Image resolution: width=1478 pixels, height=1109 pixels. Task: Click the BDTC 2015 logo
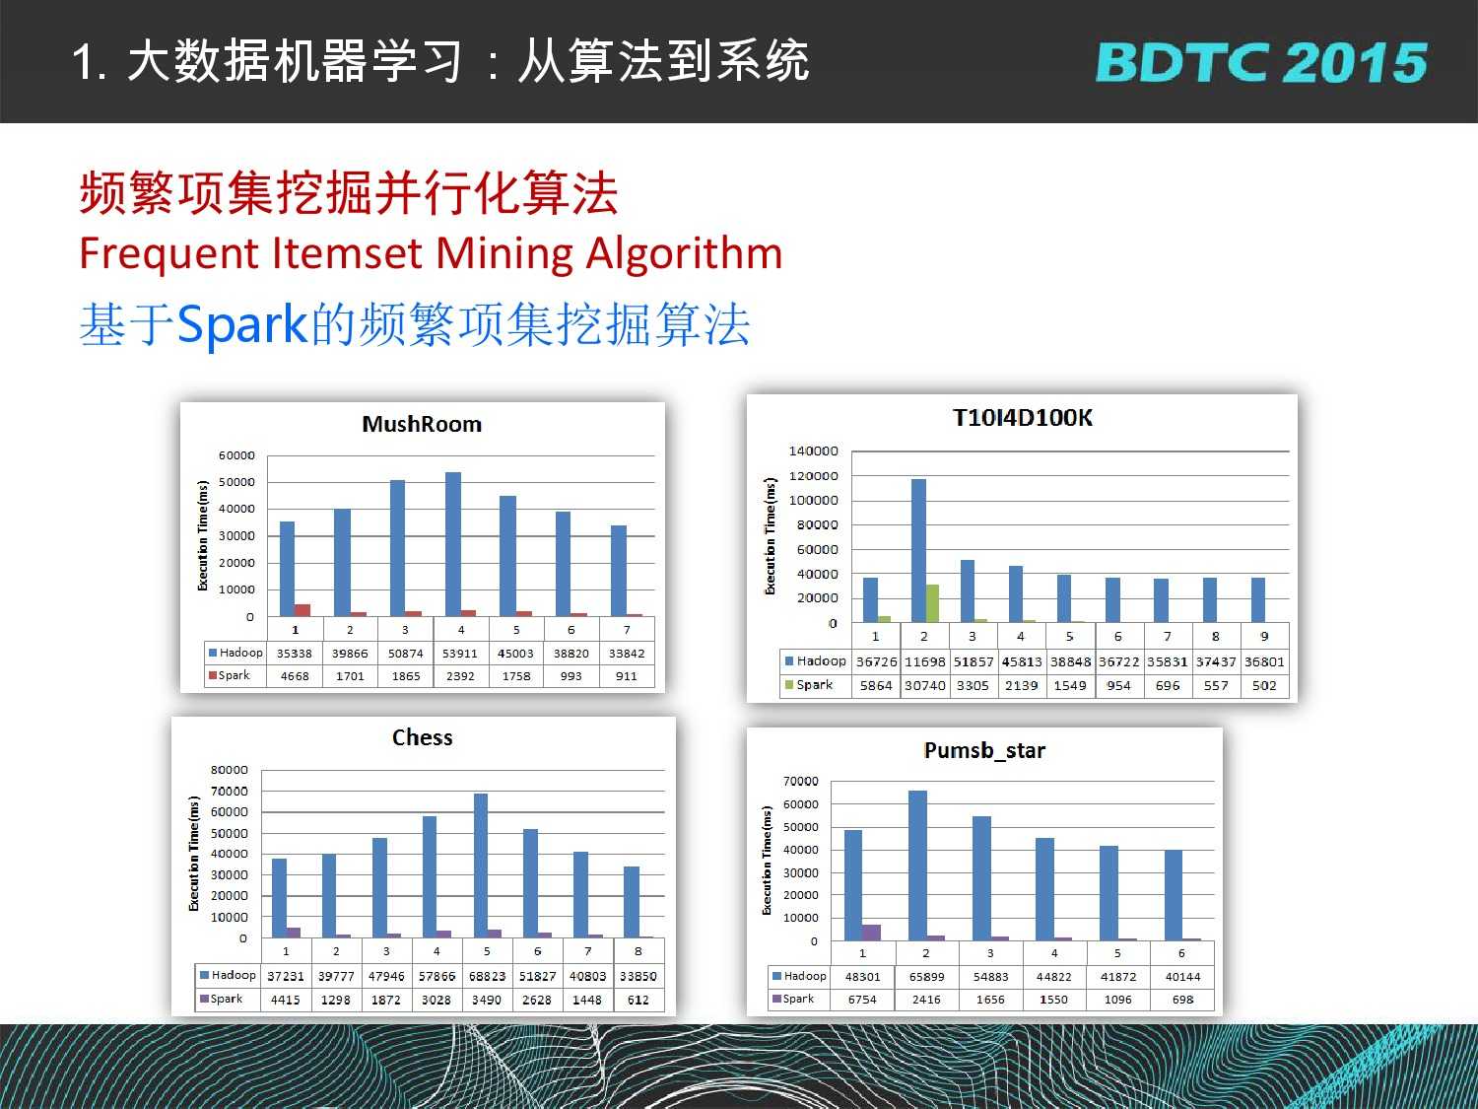[x=1261, y=63]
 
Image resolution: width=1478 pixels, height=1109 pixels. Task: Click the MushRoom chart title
[x=422, y=424]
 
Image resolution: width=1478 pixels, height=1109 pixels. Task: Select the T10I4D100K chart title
[x=1022, y=417]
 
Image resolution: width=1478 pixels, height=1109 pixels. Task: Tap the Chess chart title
[x=422, y=737]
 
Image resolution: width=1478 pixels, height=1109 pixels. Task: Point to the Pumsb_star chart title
[x=984, y=750]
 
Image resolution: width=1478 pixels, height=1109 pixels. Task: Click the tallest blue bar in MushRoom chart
[x=453, y=544]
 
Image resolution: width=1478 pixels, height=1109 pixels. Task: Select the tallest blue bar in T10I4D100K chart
[x=918, y=550]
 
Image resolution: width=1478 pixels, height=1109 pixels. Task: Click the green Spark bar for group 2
[x=932, y=602]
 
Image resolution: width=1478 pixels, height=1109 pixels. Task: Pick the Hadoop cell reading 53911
[x=460, y=654]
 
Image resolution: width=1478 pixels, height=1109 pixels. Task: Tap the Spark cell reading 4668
[x=295, y=676]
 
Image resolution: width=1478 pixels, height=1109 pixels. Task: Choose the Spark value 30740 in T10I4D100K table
[x=924, y=685]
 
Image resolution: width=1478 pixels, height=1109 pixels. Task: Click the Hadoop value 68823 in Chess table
[x=487, y=976]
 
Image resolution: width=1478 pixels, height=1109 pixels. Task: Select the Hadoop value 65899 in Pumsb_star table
[x=926, y=976]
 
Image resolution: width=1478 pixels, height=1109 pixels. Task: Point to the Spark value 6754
[x=862, y=1000]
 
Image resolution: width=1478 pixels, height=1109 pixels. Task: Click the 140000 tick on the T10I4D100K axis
[x=814, y=451]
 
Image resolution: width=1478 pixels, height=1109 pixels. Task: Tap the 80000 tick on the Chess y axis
[x=229, y=770]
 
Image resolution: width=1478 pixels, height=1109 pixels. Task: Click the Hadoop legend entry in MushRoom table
[x=235, y=653]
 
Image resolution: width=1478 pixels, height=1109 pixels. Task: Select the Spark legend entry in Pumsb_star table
[x=793, y=999]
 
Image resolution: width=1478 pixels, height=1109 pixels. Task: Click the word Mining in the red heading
[x=504, y=254]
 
